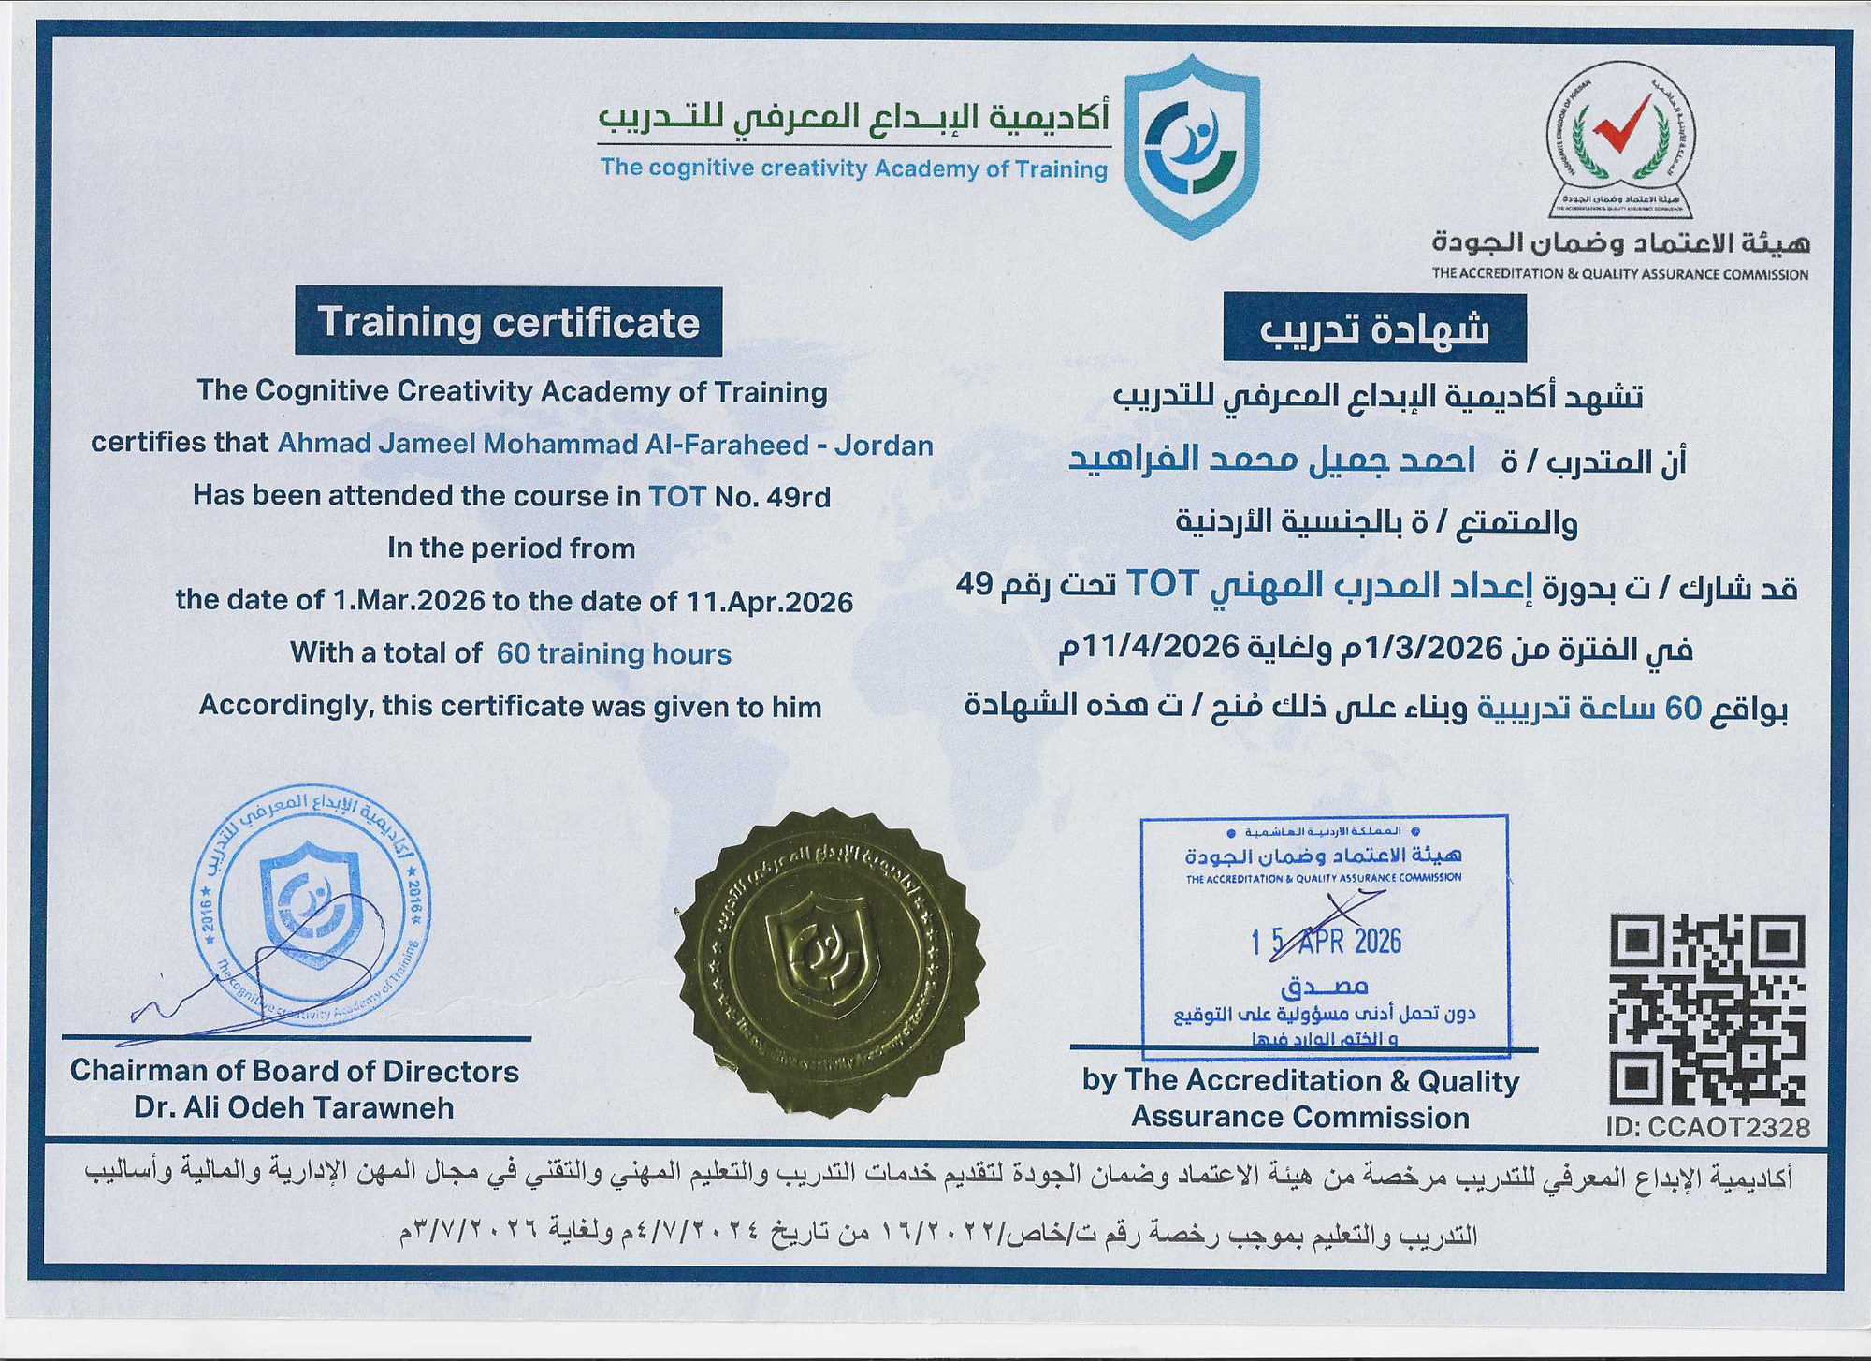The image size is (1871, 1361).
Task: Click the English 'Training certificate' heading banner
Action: pyautogui.click(x=508, y=322)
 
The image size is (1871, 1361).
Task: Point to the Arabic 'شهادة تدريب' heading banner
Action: pyautogui.click(x=1374, y=329)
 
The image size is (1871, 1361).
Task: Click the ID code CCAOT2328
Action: pyautogui.click(x=1708, y=1128)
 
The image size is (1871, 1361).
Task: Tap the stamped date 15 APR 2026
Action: pyautogui.click(x=1327, y=940)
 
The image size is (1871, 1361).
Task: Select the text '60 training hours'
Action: pyautogui.click(x=614, y=652)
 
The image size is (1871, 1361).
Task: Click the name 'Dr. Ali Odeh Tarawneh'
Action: pyautogui.click(x=294, y=1107)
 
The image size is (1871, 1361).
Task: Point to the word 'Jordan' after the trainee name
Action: pyautogui.click(x=883, y=445)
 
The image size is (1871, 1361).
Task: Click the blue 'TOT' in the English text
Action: pyautogui.click(x=677, y=496)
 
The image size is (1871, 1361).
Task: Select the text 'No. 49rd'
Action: pyautogui.click(x=773, y=496)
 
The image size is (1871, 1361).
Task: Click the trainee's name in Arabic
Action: pyautogui.click(x=1272, y=461)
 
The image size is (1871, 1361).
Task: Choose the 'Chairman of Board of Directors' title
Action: pyautogui.click(x=294, y=1071)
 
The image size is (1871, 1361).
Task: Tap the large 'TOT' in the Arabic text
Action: pyautogui.click(x=1161, y=584)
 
